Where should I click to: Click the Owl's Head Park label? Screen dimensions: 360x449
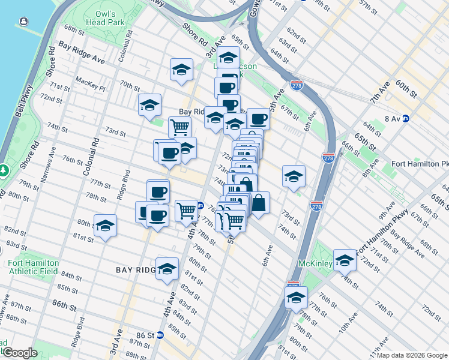[x=109, y=17]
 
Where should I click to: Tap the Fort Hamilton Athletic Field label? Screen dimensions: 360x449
[x=33, y=267]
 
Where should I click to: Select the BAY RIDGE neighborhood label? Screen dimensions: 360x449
[x=137, y=271]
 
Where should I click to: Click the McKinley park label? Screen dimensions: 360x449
[x=315, y=263]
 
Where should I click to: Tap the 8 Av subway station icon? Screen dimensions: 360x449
[x=406, y=119]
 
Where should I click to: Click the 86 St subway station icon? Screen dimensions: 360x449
[x=160, y=335]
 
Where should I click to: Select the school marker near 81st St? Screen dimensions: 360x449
[x=105, y=226]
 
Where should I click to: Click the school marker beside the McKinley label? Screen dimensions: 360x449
[x=345, y=260]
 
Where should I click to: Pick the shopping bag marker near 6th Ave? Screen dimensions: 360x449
[x=259, y=203]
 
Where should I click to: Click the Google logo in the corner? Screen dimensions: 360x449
[x=19, y=353]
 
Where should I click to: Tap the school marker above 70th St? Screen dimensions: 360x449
[x=181, y=70]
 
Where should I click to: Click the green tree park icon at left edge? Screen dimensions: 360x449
[x=4, y=170]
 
